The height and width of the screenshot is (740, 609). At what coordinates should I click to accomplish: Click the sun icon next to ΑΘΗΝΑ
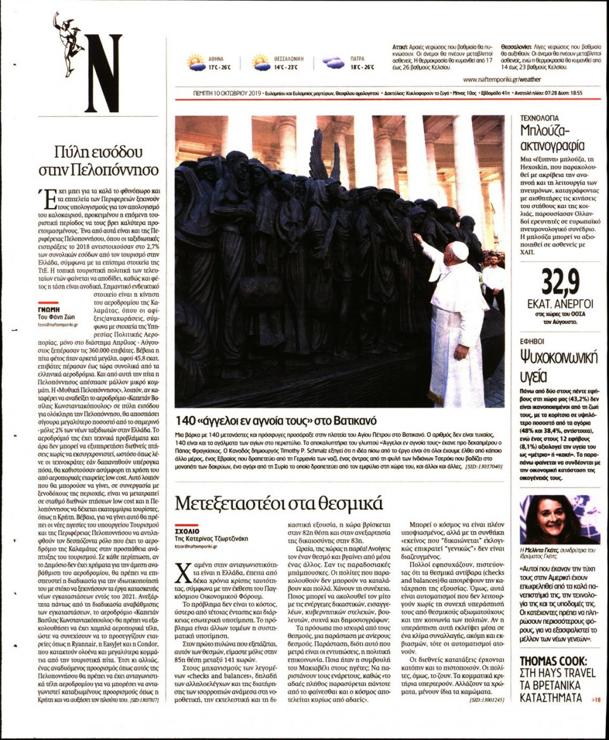coord(197,62)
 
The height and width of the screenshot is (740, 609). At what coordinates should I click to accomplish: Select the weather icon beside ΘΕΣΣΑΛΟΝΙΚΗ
coord(261,62)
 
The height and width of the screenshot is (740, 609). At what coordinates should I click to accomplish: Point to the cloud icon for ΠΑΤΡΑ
coord(333,62)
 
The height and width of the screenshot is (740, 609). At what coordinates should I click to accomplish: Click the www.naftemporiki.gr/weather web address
coord(502,79)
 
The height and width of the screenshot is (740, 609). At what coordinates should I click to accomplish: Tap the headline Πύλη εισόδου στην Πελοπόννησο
coord(107,160)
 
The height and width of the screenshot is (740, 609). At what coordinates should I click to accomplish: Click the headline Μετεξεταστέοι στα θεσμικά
coord(279,503)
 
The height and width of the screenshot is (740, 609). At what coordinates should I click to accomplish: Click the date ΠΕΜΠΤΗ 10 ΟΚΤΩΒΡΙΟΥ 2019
coord(227,93)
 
